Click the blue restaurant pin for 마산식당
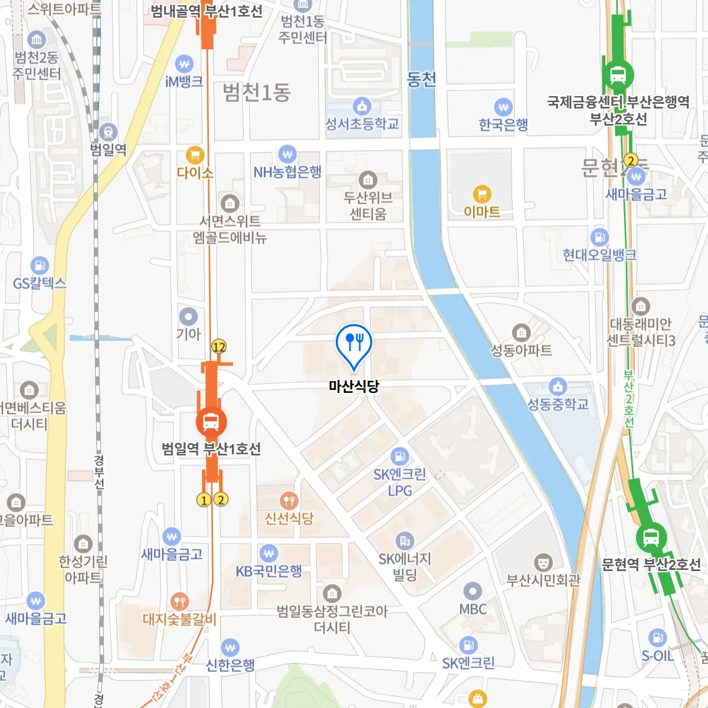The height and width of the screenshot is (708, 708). pos(353,343)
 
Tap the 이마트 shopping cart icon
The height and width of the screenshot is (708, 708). pos(482,194)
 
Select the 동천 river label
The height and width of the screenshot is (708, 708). pos(422,79)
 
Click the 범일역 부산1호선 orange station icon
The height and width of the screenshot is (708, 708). pos(211,421)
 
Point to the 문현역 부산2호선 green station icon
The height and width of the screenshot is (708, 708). pos(651,537)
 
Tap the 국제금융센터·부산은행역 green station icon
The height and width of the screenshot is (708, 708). pos(618,75)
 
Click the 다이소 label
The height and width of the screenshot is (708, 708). pos(195,173)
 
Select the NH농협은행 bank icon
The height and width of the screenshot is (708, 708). pos(287,155)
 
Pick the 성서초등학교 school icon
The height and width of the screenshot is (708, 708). pos(362,106)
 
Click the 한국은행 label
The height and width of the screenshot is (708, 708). pos(503,124)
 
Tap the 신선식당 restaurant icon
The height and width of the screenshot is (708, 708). pos(289,501)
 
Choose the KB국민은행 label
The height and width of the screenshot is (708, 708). pos(269,571)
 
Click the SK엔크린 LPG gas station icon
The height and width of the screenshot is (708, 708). pos(399,456)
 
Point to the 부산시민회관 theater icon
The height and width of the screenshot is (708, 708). pos(543,562)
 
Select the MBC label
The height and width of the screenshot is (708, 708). pos(473,609)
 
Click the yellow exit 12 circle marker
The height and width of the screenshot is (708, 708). pos(219,347)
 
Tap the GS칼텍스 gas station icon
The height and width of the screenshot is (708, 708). pos(40,265)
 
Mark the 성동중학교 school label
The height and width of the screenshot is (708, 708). pos(558,404)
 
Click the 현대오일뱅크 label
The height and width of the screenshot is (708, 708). pos(599,255)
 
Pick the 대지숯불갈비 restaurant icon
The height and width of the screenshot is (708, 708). pos(179,601)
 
